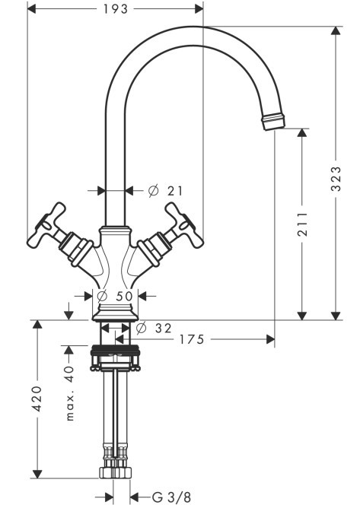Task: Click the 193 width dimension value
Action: [x=116, y=8]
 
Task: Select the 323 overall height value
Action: [x=336, y=179]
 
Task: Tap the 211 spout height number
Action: [x=302, y=224]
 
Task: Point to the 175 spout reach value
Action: [x=192, y=339]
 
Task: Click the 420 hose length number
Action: [x=37, y=399]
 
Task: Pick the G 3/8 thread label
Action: [x=171, y=497]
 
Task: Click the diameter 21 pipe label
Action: [x=165, y=191]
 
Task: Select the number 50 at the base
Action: [x=124, y=296]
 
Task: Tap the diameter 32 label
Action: [x=154, y=329]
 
